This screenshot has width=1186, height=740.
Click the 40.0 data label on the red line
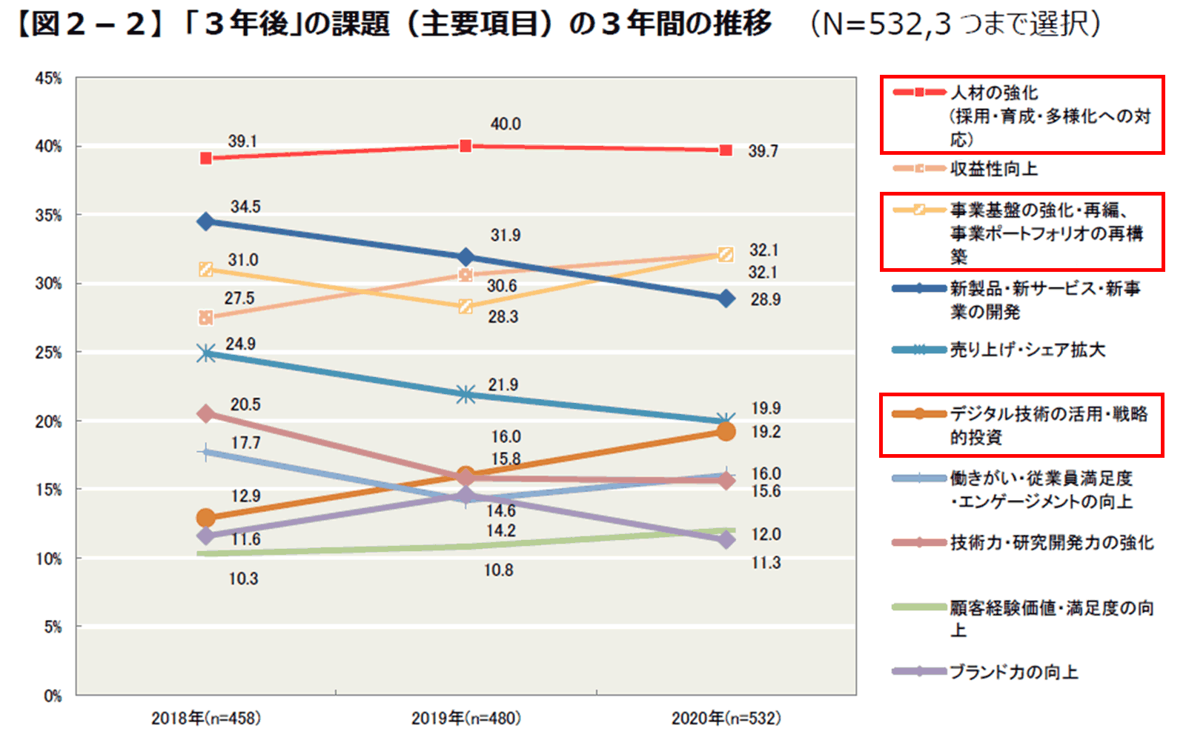point(505,124)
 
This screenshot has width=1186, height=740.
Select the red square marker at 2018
point(206,158)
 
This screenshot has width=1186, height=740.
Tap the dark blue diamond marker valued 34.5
point(206,221)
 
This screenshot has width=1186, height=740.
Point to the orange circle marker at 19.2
point(726,431)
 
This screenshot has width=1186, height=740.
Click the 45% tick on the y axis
point(48,79)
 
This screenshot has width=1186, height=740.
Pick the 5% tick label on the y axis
point(52,627)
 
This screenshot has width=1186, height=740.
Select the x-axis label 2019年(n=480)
point(466,718)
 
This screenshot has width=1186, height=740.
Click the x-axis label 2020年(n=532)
point(726,718)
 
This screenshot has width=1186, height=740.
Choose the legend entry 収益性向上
point(993,169)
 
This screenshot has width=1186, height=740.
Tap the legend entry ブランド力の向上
point(1013,672)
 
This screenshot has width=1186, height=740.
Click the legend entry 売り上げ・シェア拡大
point(1027,350)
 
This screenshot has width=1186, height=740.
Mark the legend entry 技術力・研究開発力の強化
point(1051,543)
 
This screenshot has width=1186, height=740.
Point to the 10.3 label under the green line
point(243,579)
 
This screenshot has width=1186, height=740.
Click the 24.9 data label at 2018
point(240,344)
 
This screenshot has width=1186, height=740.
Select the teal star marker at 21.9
point(466,394)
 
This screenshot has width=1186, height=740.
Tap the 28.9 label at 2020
point(765,300)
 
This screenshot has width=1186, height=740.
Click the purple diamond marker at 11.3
point(726,540)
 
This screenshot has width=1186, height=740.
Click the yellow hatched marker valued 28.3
point(466,306)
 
